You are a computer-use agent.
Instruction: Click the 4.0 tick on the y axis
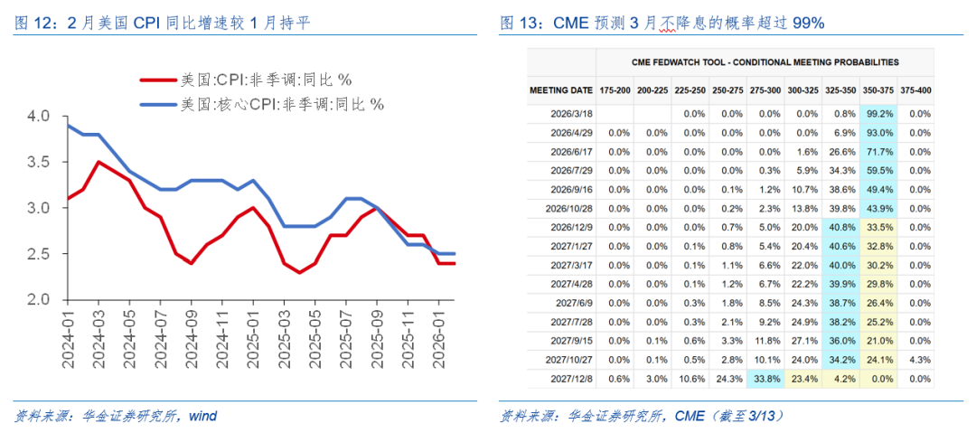[x=40, y=117]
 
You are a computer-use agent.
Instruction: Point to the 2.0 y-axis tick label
[x=40, y=299]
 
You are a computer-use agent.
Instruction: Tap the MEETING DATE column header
[x=561, y=90]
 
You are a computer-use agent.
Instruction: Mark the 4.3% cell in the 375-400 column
[x=919, y=360]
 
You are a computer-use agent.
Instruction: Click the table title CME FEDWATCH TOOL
[x=765, y=62]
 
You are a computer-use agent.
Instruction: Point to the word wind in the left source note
[x=203, y=416]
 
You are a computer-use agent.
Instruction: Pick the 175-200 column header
[x=615, y=90]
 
